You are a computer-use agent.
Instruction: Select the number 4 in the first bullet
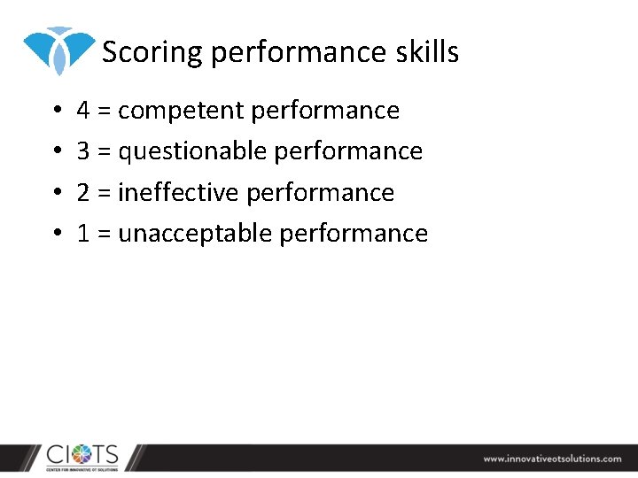click(83, 111)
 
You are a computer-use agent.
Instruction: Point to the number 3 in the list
click(83, 151)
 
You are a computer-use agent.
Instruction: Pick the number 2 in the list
click(83, 192)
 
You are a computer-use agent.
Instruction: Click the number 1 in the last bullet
click(83, 233)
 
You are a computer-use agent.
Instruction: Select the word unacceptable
click(195, 233)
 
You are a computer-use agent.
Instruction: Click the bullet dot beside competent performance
click(55, 112)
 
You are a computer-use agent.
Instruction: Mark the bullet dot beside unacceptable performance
click(55, 234)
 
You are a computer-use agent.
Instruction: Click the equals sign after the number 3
click(104, 152)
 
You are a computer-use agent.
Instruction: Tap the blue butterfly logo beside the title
click(58, 49)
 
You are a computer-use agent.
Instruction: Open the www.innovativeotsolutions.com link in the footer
click(552, 459)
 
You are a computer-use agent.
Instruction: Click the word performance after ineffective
click(320, 192)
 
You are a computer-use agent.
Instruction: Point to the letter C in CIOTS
click(56, 454)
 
